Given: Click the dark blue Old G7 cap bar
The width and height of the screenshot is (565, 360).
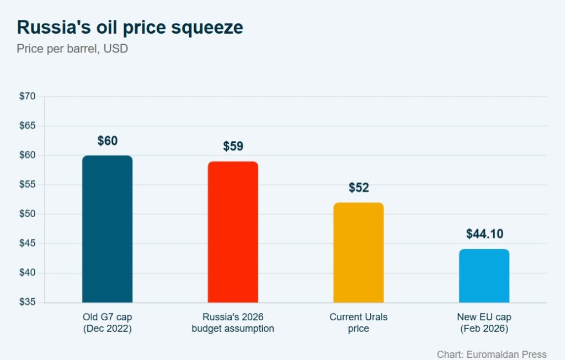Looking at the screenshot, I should [107, 229].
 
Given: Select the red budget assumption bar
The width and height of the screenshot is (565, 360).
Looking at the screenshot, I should [233, 232].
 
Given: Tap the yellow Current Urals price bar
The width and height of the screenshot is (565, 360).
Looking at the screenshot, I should [358, 252].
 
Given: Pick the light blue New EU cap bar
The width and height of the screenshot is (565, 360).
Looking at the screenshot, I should [484, 276].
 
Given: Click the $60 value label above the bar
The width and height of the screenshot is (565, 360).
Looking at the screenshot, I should [108, 141].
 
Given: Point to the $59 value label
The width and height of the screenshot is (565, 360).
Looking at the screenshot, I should [233, 147].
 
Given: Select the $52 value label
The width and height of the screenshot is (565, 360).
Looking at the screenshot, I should [359, 188].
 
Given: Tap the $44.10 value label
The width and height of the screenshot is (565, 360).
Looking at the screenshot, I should [484, 234].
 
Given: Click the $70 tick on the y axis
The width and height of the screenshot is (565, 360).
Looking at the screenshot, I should [27, 96].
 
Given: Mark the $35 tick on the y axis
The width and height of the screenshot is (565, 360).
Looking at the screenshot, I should [27, 303].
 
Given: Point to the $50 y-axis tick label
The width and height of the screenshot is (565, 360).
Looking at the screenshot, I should [27, 214].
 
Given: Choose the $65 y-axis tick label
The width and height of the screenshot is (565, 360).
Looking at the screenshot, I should [27, 126].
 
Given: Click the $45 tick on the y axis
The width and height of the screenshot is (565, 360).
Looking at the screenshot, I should [27, 244].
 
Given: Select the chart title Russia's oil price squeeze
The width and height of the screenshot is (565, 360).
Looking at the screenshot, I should [130, 28].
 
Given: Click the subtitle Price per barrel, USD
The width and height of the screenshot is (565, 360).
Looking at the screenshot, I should [72, 49].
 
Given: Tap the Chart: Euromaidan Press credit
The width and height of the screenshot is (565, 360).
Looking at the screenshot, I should [491, 354].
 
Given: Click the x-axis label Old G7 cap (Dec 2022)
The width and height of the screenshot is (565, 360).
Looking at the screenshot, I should [107, 323].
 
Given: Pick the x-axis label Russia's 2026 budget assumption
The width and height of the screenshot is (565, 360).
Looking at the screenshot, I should [233, 323].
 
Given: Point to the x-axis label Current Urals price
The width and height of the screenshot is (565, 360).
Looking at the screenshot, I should [358, 323].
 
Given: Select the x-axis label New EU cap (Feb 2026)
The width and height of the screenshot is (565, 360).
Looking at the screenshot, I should [484, 323].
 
